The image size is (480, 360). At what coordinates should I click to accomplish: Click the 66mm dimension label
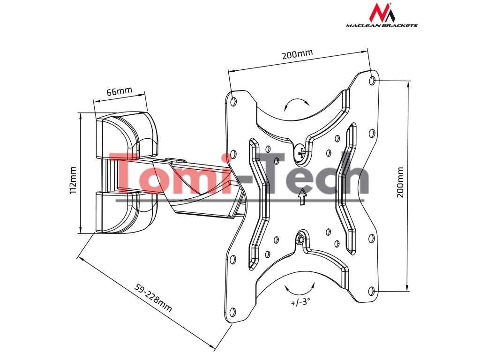(x=119, y=91)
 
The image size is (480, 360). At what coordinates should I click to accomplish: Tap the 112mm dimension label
(x=73, y=180)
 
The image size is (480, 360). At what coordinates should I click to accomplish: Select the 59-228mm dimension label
(x=153, y=298)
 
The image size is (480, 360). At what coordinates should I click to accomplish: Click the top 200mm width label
(x=297, y=54)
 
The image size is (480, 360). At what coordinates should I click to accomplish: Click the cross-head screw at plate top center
(x=301, y=150)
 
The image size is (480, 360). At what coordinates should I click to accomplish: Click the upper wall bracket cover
(x=127, y=136)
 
